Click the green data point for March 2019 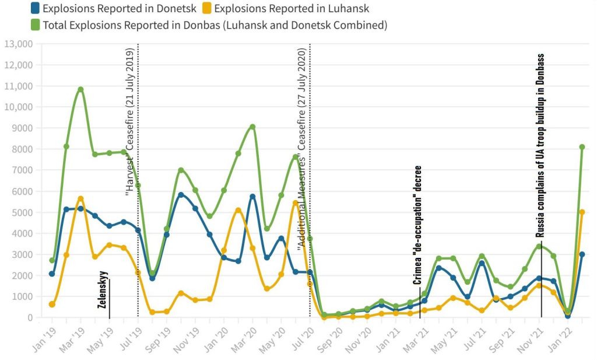pos(80,89)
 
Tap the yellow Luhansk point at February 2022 pos(582,212)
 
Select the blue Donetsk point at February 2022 pos(582,254)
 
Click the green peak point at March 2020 pos(252,127)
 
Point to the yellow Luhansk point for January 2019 pos(52,305)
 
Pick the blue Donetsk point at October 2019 pos(181,195)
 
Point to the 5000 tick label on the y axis pos(22,212)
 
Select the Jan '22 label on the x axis pos(566,338)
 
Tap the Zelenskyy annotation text pos(103,289)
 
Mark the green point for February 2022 pos(582,147)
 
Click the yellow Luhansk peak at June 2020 pos(295,203)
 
